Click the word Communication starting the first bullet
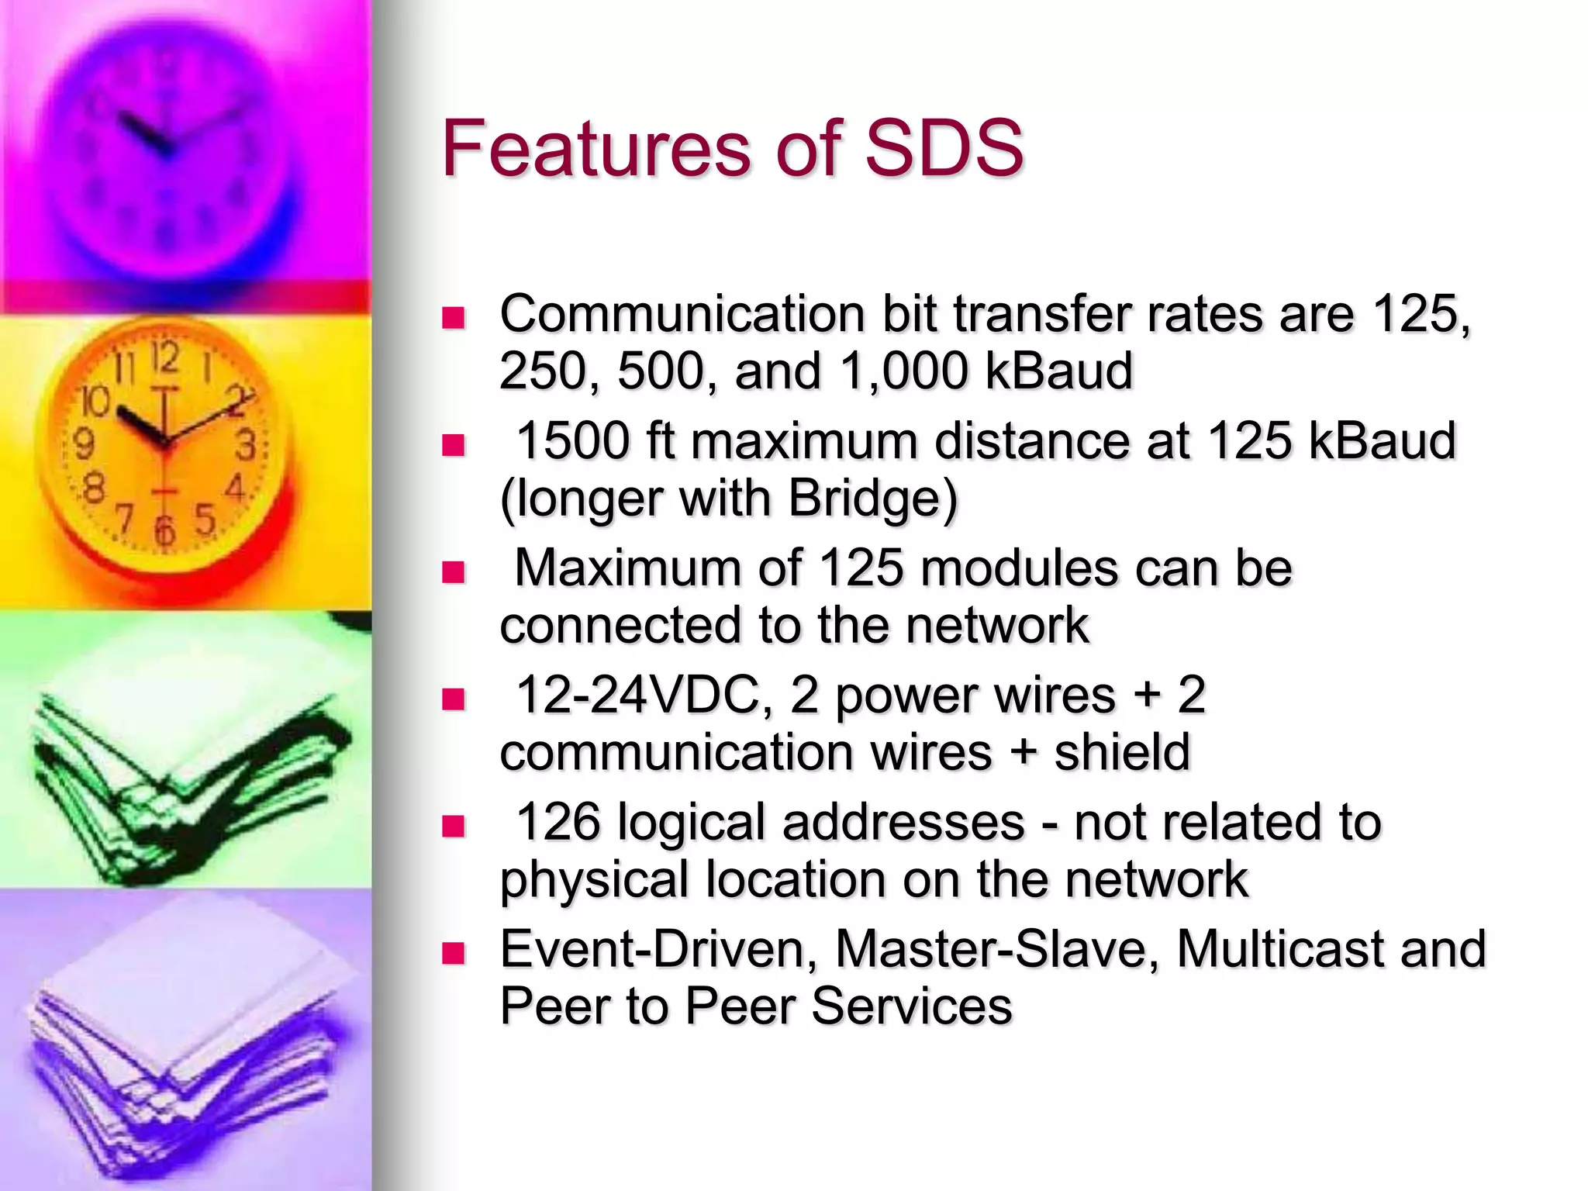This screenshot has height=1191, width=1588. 682,315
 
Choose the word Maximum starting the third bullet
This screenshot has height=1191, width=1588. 627,568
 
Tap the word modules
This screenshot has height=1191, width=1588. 1020,568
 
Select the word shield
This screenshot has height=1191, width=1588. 1122,751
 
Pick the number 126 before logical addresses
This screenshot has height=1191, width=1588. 558,822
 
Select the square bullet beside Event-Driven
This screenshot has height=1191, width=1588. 452,952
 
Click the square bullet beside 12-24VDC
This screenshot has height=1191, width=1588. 452,699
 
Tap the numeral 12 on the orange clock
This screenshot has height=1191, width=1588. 164,359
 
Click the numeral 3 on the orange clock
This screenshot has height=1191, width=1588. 246,445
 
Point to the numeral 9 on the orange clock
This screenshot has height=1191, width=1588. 84,444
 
